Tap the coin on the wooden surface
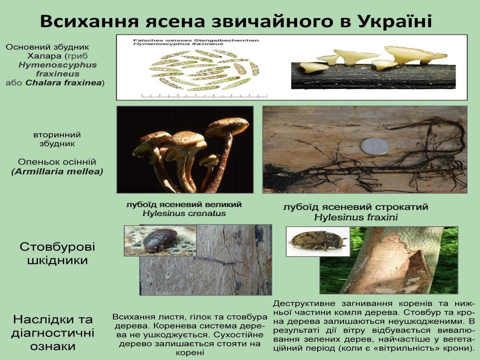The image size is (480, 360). coord(375,147)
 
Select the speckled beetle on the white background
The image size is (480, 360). coord(318,241)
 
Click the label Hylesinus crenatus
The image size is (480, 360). coord(184,213)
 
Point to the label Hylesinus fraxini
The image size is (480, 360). coord(356,217)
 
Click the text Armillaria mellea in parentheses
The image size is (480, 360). coord(57,172)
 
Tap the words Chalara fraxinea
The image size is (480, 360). coord(64,83)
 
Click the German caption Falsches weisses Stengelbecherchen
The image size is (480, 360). coord(196,40)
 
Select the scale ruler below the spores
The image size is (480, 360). coord(204,96)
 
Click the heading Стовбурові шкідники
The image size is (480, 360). coord(57,254)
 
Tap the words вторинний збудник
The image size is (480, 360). coord(57,139)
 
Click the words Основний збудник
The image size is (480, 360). coord(48,47)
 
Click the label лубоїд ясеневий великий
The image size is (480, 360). coord(184,205)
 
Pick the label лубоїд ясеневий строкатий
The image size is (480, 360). coord(356,207)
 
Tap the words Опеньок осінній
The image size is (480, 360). coord(57,162)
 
